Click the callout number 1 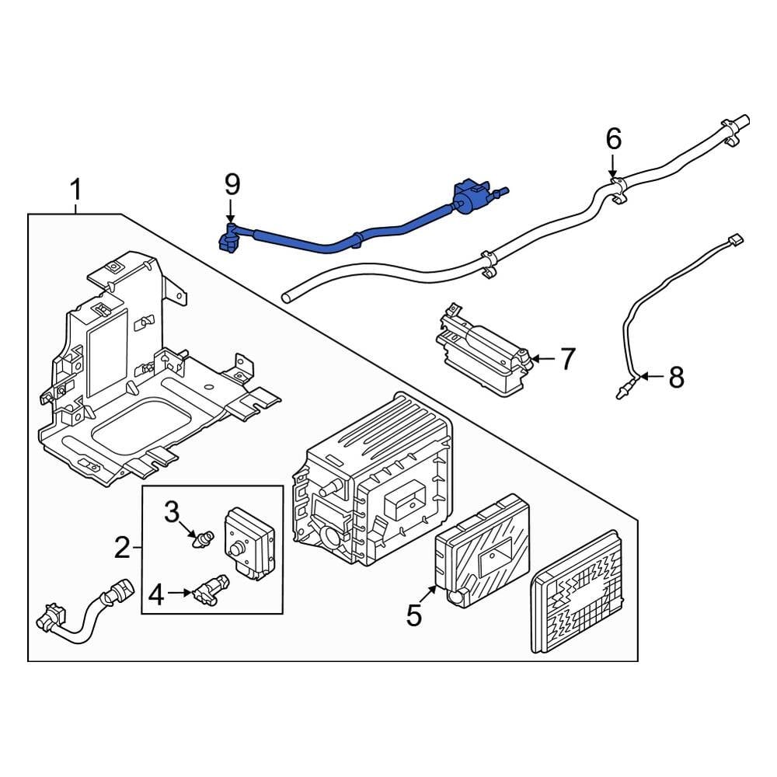coord(75,190)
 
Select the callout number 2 coord(122,549)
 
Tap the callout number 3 coord(171,512)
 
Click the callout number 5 coord(413,615)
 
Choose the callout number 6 coord(613,140)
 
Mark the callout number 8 coord(676,378)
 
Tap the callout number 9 coord(232,184)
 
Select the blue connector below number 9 coord(229,237)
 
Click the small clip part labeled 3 coord(205,538)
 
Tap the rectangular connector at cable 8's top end coord(734,241)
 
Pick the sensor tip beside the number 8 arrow coord(625,388)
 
